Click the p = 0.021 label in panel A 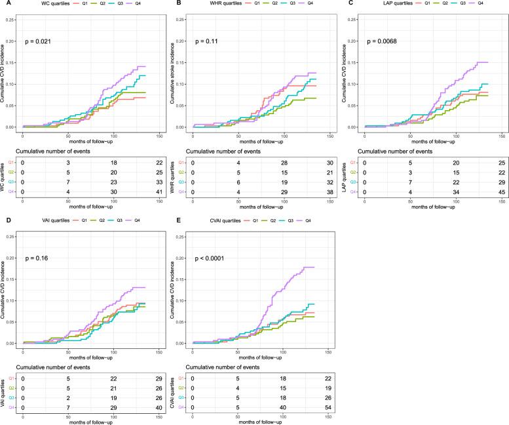tap(37, 41)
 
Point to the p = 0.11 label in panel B tap(206, 41)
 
